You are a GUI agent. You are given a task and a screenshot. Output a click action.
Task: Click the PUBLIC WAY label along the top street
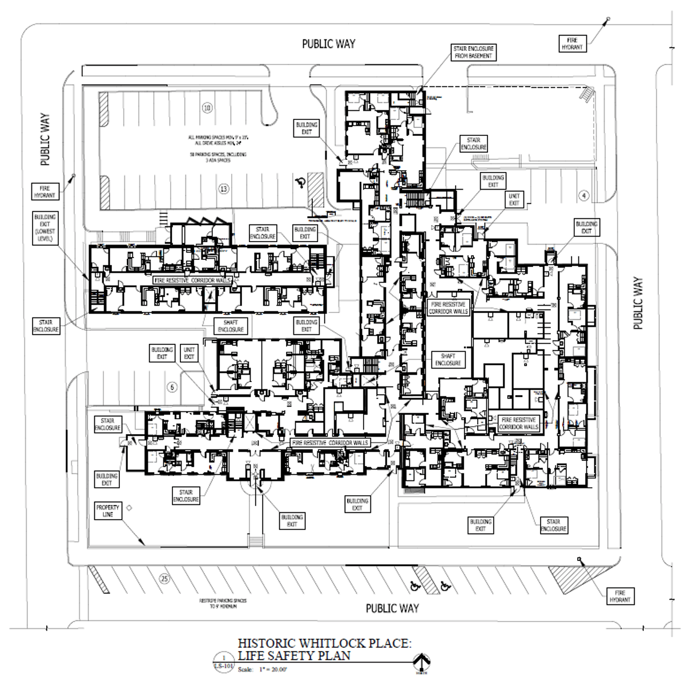[x=328, y=44]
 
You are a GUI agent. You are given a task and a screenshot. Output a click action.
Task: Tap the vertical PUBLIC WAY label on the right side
[x=638, y=303]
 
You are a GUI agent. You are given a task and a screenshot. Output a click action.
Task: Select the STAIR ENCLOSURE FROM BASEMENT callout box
[x=473, y=53]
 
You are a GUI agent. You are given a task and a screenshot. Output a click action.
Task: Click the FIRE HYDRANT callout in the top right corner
[x=571, y=44]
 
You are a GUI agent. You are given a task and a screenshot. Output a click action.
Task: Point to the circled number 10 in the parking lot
[x=207, y=107]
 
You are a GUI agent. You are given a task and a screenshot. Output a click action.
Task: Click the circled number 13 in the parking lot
[x=224, y=188]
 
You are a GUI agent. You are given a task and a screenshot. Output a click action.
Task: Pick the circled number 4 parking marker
[x=583, y=196]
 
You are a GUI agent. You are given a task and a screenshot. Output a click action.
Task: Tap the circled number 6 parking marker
[x=171, y=387]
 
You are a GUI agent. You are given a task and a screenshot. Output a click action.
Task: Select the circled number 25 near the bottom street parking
[x=164, y=580]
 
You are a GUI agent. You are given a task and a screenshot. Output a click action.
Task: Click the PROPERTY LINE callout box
[x=107, y=511]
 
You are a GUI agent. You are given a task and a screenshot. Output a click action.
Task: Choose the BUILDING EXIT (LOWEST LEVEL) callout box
[x=45, y=228]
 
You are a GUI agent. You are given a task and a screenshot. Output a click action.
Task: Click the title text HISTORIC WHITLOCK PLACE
[x=324, y=644]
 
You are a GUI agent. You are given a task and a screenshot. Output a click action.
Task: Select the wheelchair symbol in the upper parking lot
[x=300, y=183]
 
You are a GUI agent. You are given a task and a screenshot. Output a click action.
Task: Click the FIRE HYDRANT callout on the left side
[x=45, y=191]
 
